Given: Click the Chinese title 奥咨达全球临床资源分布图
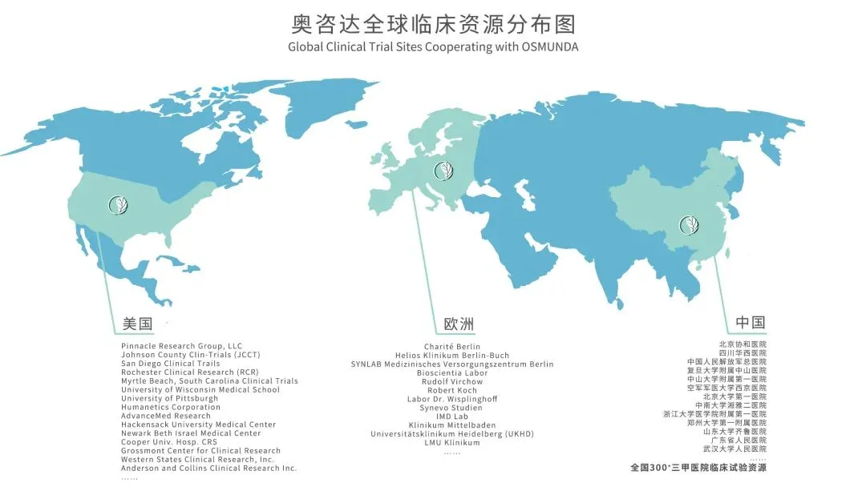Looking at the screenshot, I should [433, 22].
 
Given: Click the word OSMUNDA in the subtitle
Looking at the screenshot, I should [548, 46].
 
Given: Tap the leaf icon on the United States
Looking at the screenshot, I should [117, 205].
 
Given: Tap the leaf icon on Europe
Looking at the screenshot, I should [442, 170].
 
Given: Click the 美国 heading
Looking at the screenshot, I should [137, 324].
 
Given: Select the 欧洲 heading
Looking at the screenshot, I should [459, 324].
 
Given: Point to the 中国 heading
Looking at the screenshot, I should [750, 323].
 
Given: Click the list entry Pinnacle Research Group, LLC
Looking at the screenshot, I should [181, 346].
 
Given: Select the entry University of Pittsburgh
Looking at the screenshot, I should [169, 398].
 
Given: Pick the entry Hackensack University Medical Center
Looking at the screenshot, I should [198, 425].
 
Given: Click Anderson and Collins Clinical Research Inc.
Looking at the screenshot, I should [208, 468].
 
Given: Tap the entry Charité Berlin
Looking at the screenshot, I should [452, 347].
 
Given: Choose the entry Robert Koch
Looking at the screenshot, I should [452, 390].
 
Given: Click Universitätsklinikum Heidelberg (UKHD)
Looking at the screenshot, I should [452, 433].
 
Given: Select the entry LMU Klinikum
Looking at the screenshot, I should [452, 442].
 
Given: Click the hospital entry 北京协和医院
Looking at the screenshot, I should [743, 344].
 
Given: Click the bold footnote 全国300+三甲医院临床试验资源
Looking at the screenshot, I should [698, 467].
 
